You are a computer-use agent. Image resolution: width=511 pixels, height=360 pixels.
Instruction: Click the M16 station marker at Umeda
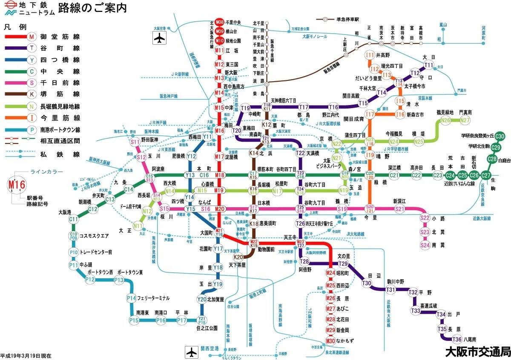click(x=219, y=131)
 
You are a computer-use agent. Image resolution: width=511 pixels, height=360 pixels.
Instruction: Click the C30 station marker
click(x=500, y=136)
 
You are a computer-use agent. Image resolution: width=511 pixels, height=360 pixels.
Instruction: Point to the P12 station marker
click(x=90, y=280)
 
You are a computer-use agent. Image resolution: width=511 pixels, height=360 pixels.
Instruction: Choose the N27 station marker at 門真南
click(x=465, y=120)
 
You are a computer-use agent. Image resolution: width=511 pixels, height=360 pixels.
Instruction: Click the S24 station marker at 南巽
click(x=425, y=245)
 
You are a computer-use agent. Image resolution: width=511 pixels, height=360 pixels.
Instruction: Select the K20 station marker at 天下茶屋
click(x=238, y=257)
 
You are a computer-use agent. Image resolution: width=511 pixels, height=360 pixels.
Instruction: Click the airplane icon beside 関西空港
click(x=192, y=352)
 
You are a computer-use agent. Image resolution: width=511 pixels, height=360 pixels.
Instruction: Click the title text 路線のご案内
click(x=92, y=8)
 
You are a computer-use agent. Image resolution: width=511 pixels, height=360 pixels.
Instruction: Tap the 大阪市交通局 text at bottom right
click(x=477, y=352)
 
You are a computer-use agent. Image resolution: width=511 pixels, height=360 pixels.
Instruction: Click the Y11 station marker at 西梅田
click(x=207, y=137)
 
